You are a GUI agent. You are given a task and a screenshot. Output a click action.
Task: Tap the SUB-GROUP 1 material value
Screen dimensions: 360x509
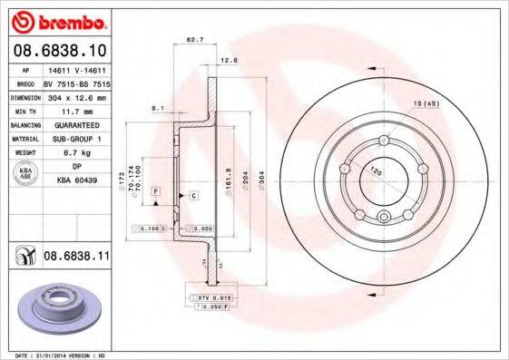[74, 138]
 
